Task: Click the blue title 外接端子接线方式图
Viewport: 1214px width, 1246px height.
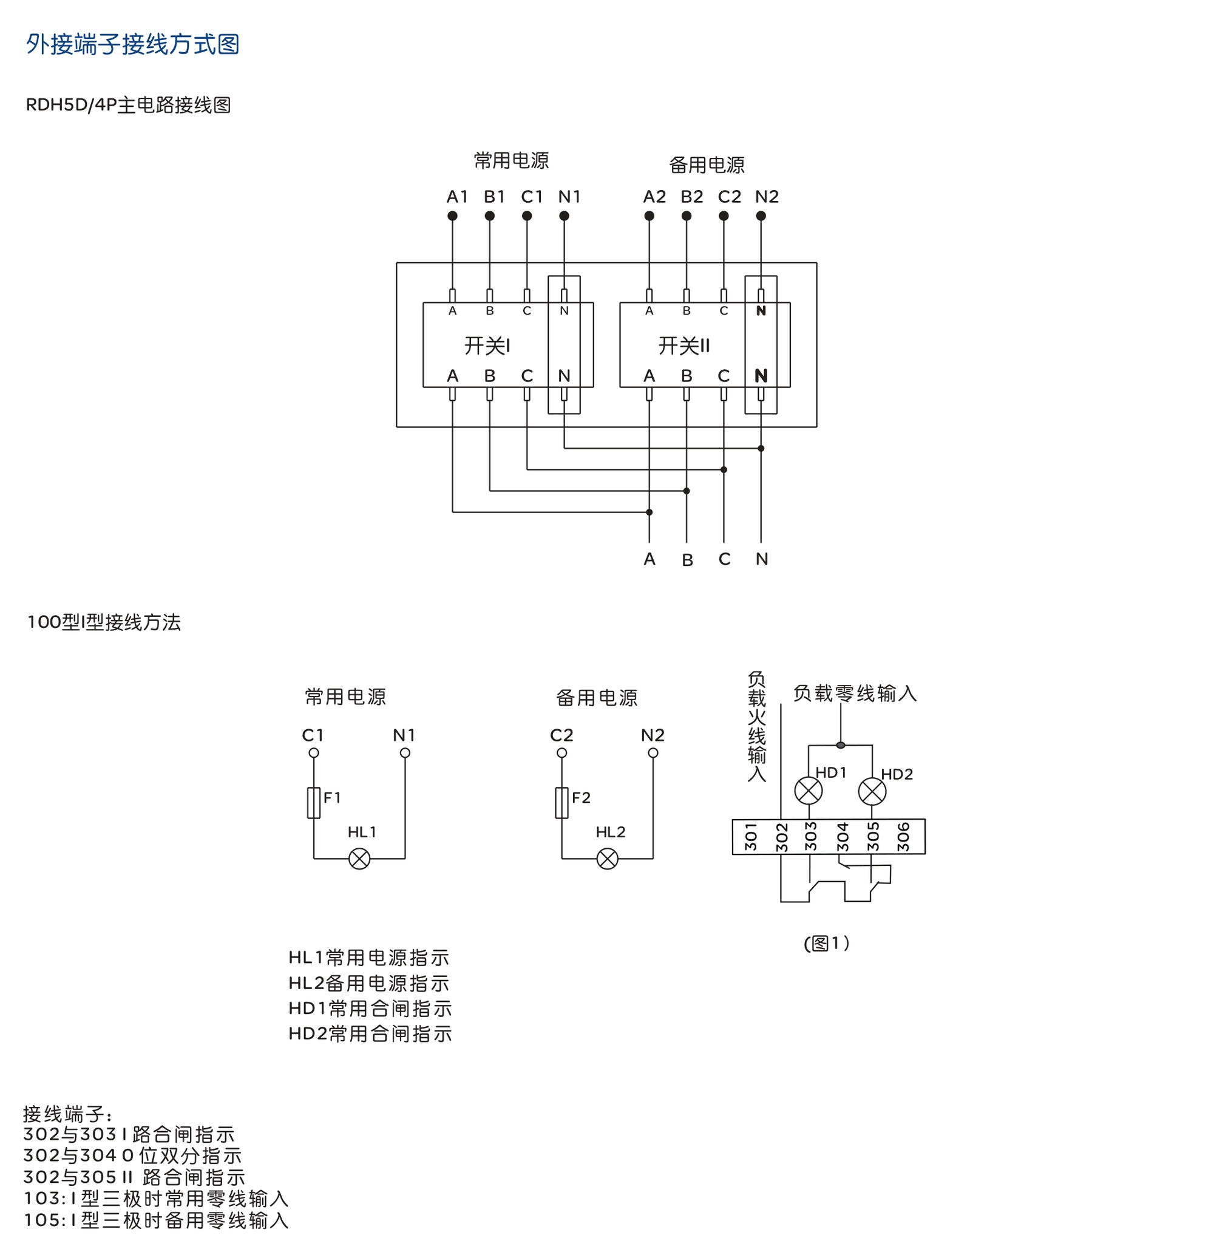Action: pos(132,44)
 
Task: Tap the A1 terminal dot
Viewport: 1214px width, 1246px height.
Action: pos(452,216)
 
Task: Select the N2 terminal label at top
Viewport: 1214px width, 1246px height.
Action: pos(767,196)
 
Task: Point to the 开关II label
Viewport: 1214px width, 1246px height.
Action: pos(683,346)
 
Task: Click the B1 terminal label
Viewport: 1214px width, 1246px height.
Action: pos(494,196)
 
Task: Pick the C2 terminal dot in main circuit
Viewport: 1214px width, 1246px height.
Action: pos(724,216)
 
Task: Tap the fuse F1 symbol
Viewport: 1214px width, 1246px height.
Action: pos(314,802)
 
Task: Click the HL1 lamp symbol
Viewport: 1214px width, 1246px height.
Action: pos(359,859)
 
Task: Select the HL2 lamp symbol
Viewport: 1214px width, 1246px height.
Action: pos(608,859)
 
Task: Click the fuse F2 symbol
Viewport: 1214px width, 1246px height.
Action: pos(561,802)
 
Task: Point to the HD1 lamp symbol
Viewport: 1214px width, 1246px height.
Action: pos(809,791)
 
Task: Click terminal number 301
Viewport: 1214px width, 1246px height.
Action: pos(751,837)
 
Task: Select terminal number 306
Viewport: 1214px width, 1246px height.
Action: pos(903,837)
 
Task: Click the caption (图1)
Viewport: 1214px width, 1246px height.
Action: pos(826,943)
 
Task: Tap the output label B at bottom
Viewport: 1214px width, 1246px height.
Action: pos(687,560)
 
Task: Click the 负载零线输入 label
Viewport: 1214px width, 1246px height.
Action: pos(855,693)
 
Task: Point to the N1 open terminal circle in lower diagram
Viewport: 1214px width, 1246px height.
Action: pos(405,753)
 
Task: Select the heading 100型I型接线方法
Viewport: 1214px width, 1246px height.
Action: pos(104,622)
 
